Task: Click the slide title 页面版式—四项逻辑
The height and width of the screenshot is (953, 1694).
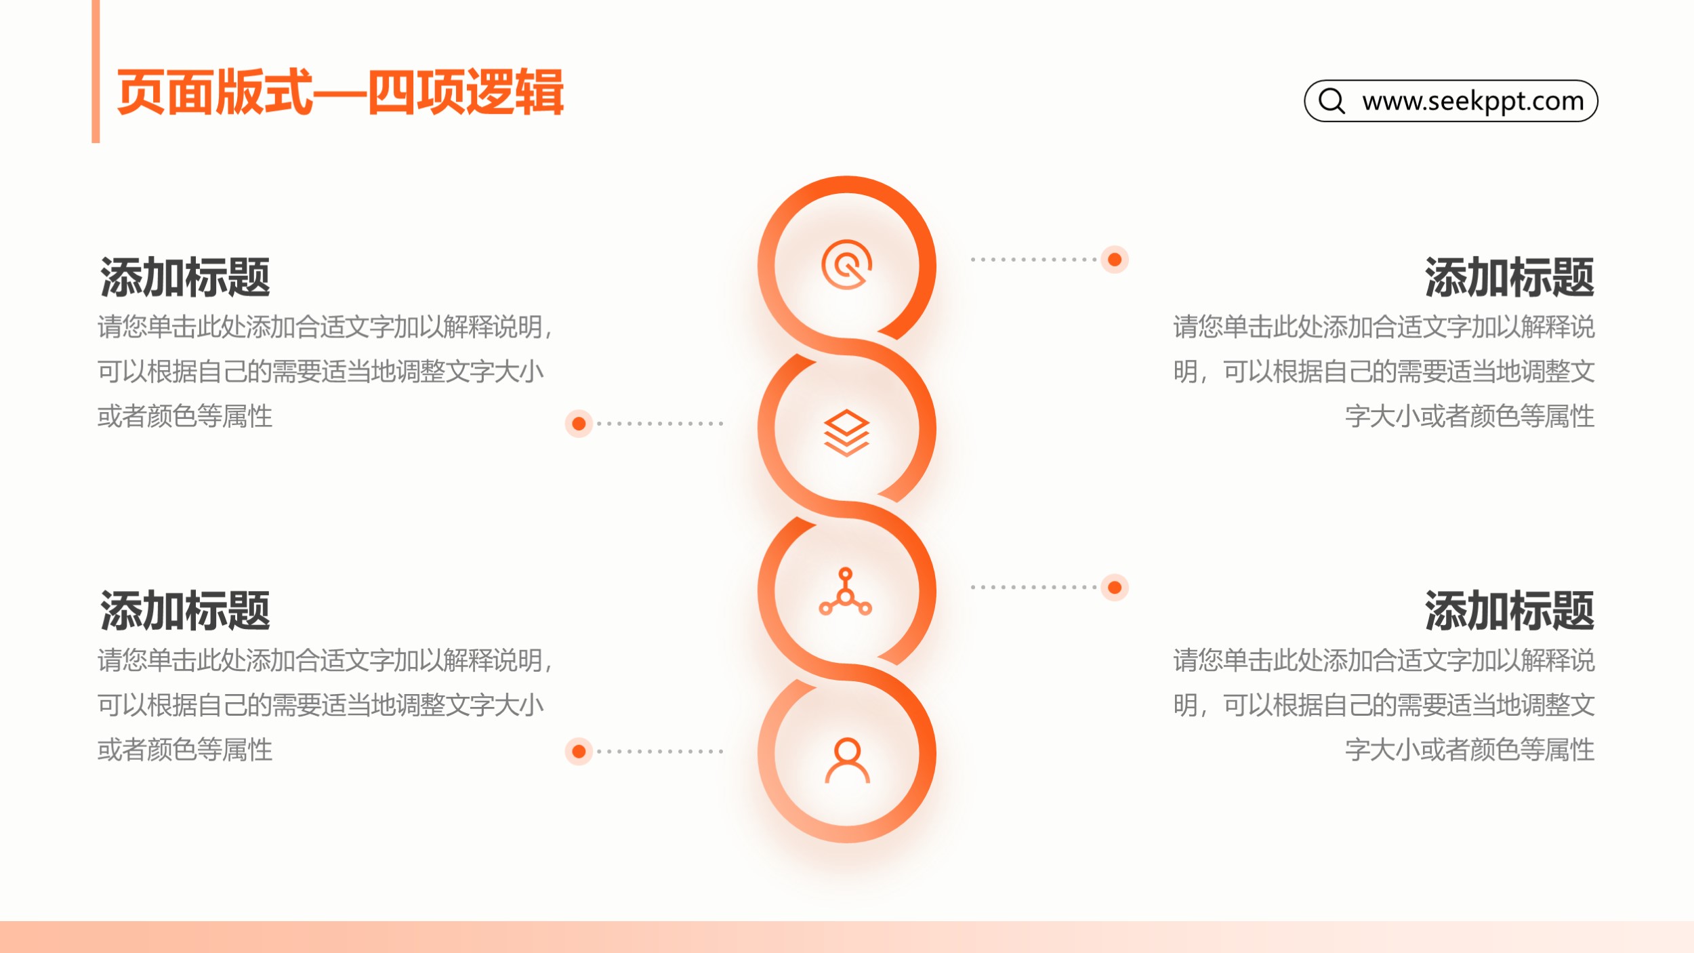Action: [340, 92]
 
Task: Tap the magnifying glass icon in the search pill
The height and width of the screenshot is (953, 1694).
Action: [1332, 101]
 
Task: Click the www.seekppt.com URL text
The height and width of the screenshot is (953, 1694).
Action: [1473, 101]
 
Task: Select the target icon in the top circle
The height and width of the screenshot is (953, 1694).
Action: [846, 264]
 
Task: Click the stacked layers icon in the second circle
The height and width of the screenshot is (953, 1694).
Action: [846, 432]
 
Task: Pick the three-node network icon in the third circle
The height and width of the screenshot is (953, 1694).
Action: [846, 592]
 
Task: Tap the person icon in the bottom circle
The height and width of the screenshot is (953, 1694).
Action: [847, 760]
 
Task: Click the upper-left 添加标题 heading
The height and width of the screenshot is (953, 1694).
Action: [185, 277]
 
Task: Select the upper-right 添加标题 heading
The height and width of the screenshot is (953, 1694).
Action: [1510, 277]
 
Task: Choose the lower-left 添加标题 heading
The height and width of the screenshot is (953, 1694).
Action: [185, 610]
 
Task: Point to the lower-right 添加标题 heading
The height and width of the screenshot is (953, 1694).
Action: [1510, 610]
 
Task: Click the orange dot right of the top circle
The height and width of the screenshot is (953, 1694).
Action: [1115, 260]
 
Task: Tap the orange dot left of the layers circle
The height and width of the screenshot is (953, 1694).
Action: [579, 424]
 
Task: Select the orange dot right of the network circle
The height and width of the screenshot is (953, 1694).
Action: [1115, 587]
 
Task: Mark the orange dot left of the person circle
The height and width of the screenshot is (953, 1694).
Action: [579, 751]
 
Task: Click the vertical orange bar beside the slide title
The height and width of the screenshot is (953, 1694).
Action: [96, 71]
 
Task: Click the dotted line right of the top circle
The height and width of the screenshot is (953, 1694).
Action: [1034, 260]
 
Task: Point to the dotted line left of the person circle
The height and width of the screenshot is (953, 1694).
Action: [660, 751]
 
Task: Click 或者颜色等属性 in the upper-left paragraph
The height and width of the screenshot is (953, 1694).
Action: [185, 416]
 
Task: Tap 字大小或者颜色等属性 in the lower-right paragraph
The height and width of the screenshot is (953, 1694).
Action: [1470, 750]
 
